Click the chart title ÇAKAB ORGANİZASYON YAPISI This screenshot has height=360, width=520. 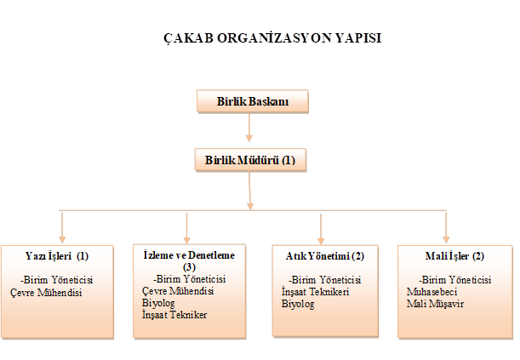(x=260, y=39)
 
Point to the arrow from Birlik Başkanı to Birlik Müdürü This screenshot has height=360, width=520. (x=249, y=129)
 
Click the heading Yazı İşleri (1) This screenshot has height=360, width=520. (x=57, y=255)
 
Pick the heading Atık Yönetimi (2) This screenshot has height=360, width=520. (x=319, y=255)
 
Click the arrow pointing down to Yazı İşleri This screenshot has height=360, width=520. (x=62, y=227)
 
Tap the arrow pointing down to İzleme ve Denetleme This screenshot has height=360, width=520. (x=187, y=227)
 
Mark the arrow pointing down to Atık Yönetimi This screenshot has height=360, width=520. (x=320, y=227)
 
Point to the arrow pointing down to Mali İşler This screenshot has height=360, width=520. (x=447, y=227)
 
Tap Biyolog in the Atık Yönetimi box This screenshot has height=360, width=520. (x=298, y=304)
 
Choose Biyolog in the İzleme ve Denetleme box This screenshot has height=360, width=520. (x=158, y=302)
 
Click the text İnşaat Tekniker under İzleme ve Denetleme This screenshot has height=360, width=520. (x=175, y=314)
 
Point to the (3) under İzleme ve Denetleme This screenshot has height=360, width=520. (x=189, y=266)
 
